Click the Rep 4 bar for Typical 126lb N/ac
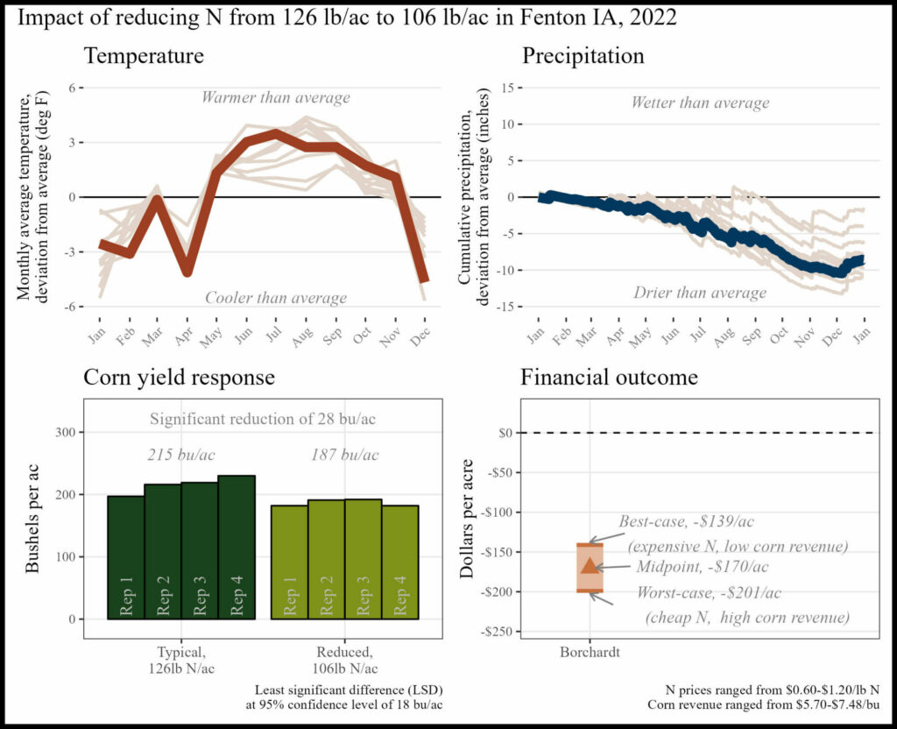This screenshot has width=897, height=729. (237, 547)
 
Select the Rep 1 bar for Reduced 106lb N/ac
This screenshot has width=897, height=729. (289, 562)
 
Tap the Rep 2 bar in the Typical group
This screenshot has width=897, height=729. (163, 552)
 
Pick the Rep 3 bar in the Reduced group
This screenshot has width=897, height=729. (364, 559)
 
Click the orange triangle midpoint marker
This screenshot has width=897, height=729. (590, 565)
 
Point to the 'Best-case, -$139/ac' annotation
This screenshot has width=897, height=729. (687, 521)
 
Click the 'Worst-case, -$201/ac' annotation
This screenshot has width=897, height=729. (710, 592)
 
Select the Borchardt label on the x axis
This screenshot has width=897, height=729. (590, 652)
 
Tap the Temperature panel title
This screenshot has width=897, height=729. (144, 56)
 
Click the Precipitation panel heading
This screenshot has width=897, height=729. (583, 56)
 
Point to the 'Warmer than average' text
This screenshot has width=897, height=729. (276, 97)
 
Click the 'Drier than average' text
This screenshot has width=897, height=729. (700, 293)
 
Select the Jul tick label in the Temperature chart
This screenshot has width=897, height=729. (274, 334)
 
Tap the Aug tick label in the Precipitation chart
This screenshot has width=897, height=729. (724, 337)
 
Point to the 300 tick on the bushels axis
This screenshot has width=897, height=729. (65, 432)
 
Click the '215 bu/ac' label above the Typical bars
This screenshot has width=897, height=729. (181, 455)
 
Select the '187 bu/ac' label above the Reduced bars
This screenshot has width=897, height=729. (345, 455)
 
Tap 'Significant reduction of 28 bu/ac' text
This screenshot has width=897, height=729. (263, 419)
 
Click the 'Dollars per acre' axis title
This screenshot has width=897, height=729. (468, 519)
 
